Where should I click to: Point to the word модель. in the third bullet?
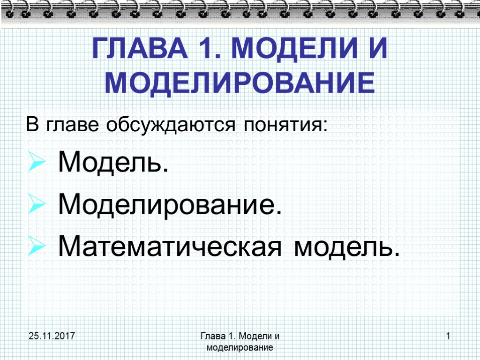[347, 247]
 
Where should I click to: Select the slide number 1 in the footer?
[448, 336]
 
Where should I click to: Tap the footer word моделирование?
[240, 348]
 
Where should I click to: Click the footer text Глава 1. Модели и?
[240, 336]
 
